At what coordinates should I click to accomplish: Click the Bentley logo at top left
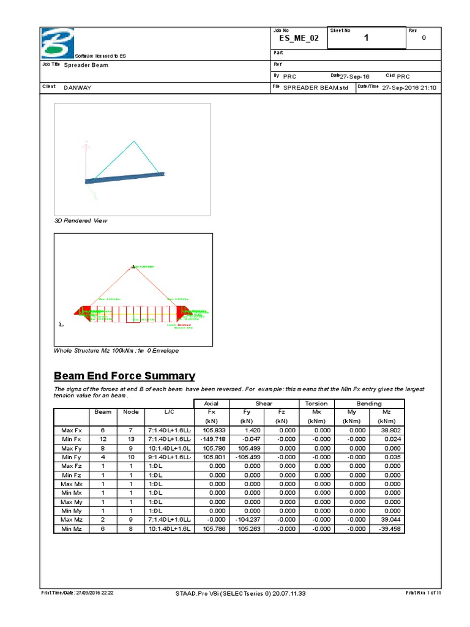[56, 43]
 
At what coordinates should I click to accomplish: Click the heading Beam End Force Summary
[125, 376]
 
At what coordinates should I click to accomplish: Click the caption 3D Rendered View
[80, 220]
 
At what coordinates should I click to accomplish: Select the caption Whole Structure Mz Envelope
[116, 351]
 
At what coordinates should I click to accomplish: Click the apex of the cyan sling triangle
[134, 141]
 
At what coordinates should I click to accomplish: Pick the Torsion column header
[316, 404]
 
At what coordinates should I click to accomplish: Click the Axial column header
[211, 404]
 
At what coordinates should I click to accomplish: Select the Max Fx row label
[71, 430]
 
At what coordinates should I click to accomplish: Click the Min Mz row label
[71, 528]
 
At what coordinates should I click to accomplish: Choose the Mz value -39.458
[389, 528]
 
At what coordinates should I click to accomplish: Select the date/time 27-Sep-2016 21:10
[409, 88]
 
